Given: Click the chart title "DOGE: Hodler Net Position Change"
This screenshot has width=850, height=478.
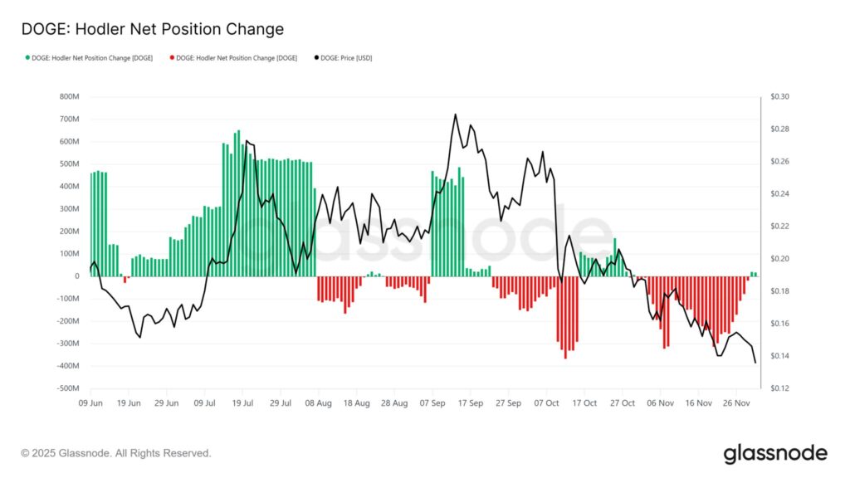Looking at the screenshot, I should (152, 29).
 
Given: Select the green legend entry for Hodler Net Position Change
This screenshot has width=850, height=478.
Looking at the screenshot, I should (89, 58).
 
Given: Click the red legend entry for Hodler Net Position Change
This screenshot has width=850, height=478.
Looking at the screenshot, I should (233, 58).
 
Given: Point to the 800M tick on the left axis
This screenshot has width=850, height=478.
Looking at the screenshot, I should (70, 97).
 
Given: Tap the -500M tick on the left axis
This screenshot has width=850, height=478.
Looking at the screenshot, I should (68, 388).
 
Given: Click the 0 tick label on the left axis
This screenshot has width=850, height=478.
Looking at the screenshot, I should (76, 276).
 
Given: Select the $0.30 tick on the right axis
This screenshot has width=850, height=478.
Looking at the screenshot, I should (779, 97).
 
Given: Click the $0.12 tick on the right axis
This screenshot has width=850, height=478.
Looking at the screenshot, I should (779, 388).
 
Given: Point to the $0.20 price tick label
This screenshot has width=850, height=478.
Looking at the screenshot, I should (779, 259).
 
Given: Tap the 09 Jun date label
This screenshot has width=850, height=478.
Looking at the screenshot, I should (90, 402).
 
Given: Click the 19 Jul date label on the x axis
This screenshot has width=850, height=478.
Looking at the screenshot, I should (242, 402).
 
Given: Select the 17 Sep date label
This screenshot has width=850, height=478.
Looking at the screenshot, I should (471, 402).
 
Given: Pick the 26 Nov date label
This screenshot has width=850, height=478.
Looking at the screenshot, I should (737, 402).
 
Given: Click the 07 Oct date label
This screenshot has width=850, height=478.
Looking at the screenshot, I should (547, 402).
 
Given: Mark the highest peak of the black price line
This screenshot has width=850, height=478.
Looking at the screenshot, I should (455, 115).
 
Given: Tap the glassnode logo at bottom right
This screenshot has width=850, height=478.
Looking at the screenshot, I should (775, 453).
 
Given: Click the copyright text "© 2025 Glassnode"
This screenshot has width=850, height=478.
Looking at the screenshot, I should (116, 453).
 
